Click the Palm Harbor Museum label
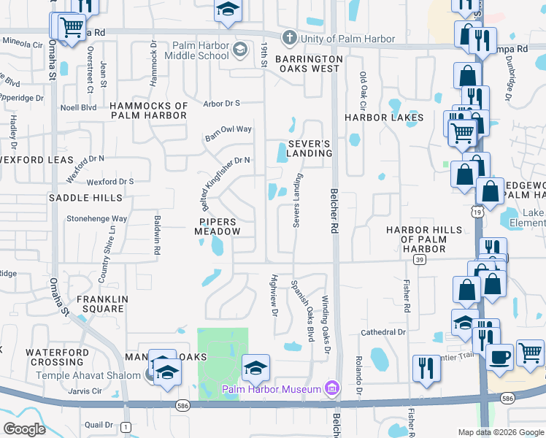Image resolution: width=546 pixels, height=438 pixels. point(272,389)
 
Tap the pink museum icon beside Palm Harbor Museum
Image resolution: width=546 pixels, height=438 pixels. point(332,386)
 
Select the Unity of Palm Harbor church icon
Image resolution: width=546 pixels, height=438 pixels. point(289,38)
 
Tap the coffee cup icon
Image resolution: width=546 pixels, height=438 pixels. point(500,357)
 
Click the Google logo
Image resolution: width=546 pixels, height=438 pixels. point(23,429)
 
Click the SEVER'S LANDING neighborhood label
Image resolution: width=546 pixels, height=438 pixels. point(309,148)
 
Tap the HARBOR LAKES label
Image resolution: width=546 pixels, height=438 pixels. point(384,118)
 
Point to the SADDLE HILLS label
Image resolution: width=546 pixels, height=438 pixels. point(85,198)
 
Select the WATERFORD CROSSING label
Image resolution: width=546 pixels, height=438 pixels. point(57,358)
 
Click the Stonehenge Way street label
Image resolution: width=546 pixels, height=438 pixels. point(97,218)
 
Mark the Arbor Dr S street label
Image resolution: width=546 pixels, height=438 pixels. point(222,104)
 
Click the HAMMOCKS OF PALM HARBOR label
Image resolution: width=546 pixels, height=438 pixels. point(149,111)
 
